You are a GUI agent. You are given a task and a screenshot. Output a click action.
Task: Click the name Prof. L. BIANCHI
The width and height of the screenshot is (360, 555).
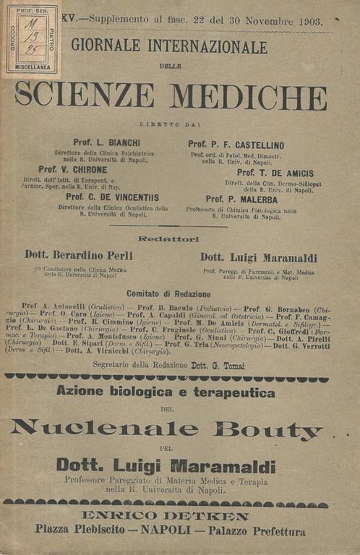[x=104, y=142]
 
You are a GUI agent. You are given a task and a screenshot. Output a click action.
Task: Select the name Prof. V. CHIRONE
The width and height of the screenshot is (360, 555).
[x=101, y=170]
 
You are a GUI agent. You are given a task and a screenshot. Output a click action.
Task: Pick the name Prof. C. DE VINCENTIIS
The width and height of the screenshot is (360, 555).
[x=112, y=197]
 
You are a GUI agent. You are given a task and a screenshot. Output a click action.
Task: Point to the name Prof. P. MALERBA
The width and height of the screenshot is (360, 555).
[x=240, y=199]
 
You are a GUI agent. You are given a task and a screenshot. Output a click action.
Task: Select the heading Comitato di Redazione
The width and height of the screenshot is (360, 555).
[x=168, y=294]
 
